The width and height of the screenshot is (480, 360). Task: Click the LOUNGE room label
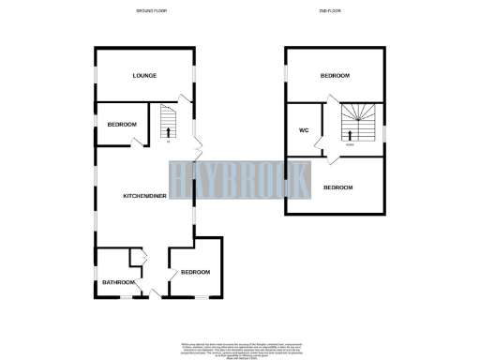click(143, 75)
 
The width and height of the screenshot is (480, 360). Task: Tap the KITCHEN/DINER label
click(144, 196)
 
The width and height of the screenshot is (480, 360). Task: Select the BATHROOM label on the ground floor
click(119, 282)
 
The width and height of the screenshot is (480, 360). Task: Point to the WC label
click(304, 129)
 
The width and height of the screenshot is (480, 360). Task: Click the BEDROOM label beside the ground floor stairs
click(122, 125)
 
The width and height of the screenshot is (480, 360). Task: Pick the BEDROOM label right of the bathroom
click(195, 272)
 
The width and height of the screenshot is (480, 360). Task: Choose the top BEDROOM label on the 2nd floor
click(335, 75)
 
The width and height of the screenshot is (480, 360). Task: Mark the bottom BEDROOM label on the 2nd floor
click(337, 187)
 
